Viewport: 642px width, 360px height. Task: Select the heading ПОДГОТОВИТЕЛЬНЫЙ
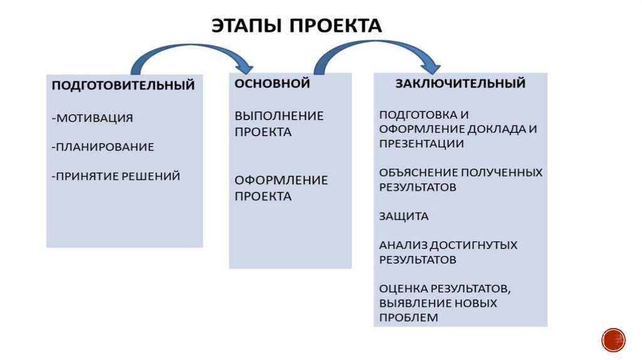[123, 85]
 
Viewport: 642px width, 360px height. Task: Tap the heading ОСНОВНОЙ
[272, 83]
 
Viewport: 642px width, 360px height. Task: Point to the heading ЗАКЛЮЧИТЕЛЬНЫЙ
[460, 83]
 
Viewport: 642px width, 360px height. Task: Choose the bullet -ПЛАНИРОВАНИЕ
[103, 147]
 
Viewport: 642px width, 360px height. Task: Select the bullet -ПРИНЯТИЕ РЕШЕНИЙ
[116, 176]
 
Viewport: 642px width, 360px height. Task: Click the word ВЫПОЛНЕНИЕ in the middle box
[279, 116]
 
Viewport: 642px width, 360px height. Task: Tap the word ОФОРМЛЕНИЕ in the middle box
[281, 180]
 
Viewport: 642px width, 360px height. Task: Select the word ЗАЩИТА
[404, 216]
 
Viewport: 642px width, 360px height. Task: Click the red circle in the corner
[613, 339]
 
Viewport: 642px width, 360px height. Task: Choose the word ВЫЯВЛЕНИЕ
[419, 303]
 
